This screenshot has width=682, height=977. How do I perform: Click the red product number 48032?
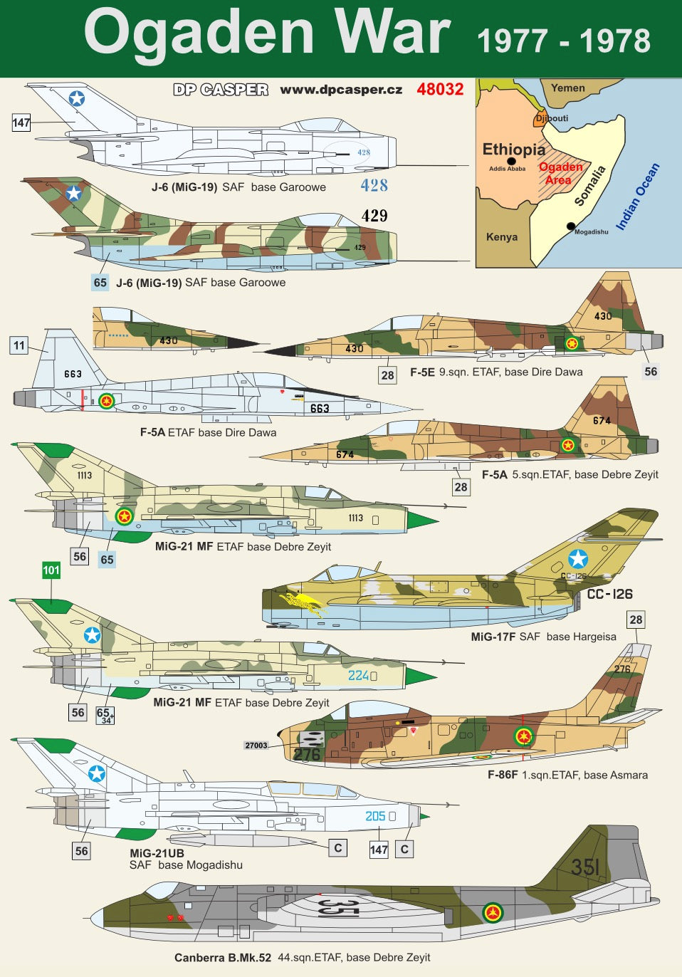pyautogui.click(x=440, y=90)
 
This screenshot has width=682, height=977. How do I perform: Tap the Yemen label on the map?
pyautogui.click(x=568, y=88)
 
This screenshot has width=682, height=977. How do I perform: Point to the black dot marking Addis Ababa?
pyautogui.click(x=512, y=161)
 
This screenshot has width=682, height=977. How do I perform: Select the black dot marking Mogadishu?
pyautogui.click(x=571, y=226)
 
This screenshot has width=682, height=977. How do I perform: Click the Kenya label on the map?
pyautogui.click(x=502, y=237)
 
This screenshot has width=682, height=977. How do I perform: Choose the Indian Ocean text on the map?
pyautogui.click(x=638, y=197)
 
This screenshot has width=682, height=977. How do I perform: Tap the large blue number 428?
pyautogui.click(x=374, y=185)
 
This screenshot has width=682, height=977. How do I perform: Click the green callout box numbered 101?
pyautogui.click(x=51, y=570)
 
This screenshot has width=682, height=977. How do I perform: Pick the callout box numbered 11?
pyautogui.click(x=19, y=345)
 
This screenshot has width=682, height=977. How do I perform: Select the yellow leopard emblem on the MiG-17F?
pyautogui.click(x=301, y=602)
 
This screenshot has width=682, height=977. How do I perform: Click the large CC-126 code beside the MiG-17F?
pyautogui.click(x=609, y=594)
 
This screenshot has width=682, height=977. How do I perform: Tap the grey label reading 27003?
pyautogui.click(x=256, y=746)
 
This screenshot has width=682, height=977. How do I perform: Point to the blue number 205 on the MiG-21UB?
pyautogui.click(x=375, y=816)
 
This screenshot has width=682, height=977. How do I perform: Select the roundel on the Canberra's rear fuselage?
pyautogui.click(x=493, y=912)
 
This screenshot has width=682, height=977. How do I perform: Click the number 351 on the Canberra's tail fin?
pyautogui.click(x=585, y=867)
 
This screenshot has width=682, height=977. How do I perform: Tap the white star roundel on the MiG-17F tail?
pyautogui.click(x=578, y=559)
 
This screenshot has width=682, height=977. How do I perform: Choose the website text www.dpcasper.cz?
pyautogui.click(x=341, y=90)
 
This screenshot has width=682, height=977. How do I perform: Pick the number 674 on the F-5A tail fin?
pyautogui.click(x=602, y=420)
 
